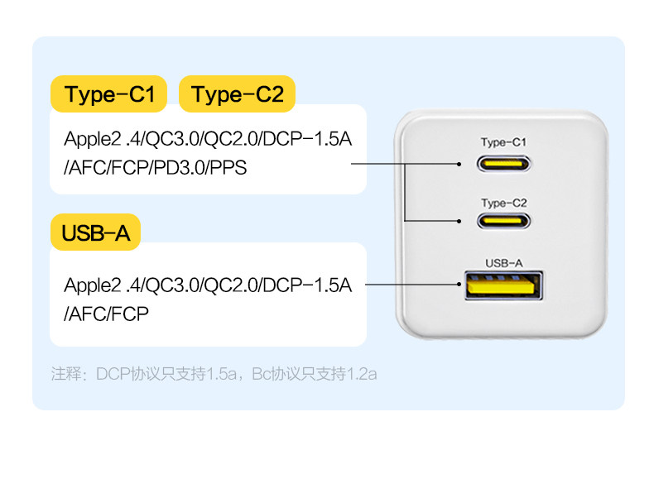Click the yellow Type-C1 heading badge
coord(108,93)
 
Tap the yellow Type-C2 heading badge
coord(237,93)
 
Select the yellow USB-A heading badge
coord(95,232)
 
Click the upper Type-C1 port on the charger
coord(504,163)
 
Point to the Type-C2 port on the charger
coord(504,220)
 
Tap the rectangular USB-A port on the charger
coord(504,285)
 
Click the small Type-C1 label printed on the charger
coord(504,142)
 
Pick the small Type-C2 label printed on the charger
coord(504,203)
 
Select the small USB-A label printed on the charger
coord(504,263)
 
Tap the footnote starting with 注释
coord(214,374)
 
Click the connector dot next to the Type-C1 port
coord(459,164)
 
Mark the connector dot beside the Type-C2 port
coord(459,221)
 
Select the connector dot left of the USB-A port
coord(459,285)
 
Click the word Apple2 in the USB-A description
coord(93,285)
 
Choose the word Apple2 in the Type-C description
coord(93,139)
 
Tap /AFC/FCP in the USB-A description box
coord(106,314)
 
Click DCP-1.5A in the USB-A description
coord(307,285)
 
